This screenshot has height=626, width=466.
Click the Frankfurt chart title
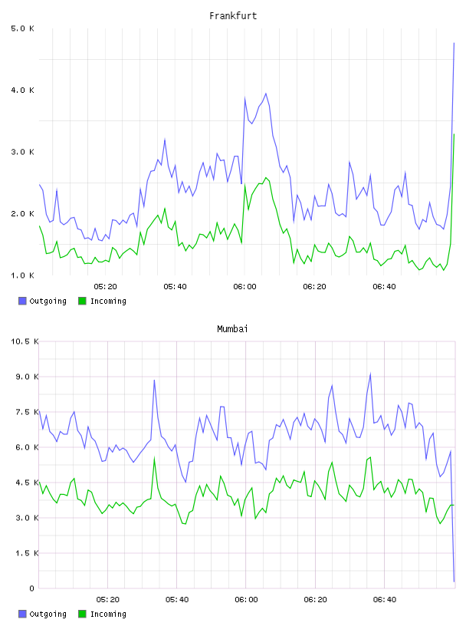tap(233, 16)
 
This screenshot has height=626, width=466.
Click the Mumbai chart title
tap(232, 329)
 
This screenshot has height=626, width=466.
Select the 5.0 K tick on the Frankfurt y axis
tap(22, 28)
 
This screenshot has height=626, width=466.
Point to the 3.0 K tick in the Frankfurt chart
tap(22, 152)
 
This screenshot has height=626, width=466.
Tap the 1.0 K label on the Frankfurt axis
tap(22, 275)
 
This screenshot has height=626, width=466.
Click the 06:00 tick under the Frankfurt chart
tap(244, 286)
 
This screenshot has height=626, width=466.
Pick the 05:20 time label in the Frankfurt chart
tap(105, 286)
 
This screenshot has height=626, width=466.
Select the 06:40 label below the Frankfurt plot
tap(384, 286)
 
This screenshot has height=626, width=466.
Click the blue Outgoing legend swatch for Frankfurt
tap(22, 301)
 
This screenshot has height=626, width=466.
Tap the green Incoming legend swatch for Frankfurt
tap(82, 301)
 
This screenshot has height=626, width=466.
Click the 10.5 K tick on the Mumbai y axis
tap(25, 341)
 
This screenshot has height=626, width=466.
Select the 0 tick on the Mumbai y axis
tap(32, 588)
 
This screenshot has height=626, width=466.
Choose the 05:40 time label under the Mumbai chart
tap(177, 599)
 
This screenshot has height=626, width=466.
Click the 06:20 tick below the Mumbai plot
tap(315, 599)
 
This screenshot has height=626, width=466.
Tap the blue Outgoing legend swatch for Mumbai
tap(22, 614)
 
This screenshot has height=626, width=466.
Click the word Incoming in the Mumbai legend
tap(108, 614)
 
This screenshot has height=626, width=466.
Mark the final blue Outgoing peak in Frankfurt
tap(454, 43)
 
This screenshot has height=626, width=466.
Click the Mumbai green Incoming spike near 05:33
tap(154, 458)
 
